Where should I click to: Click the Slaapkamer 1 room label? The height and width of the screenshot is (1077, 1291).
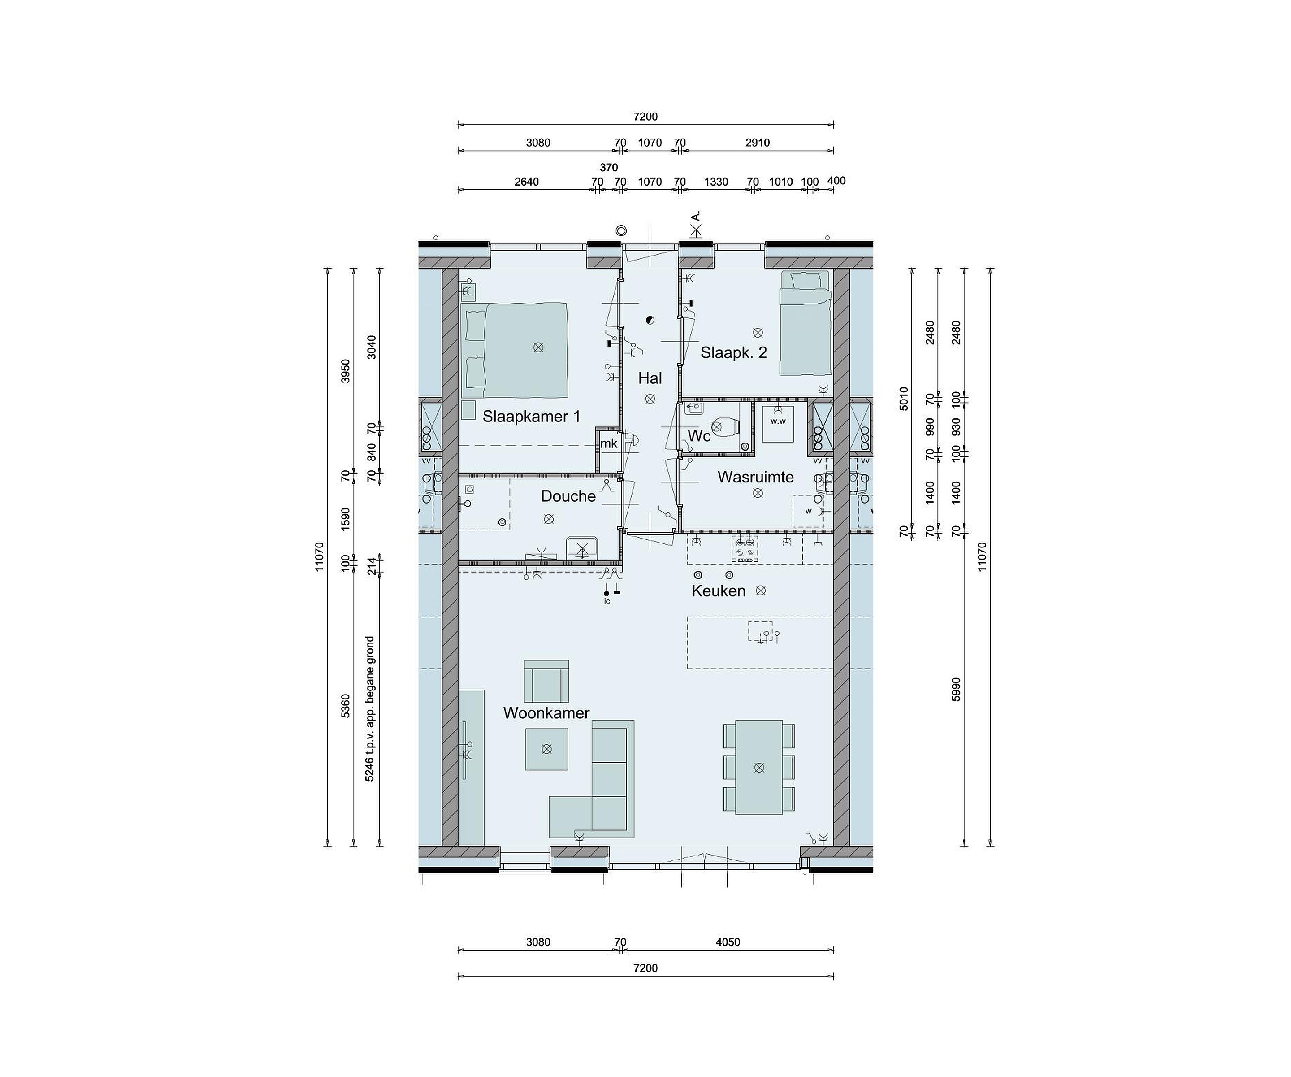(x=531, y=417)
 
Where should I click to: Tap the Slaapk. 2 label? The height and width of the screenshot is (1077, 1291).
(x=734, y=352)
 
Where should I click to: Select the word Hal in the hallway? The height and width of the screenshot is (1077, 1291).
(x=650, y=378)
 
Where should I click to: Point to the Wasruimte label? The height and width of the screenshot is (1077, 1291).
(x=755, y=477)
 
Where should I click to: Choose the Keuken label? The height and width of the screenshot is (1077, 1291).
(x=719, y=591)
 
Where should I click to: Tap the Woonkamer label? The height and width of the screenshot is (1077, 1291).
(x=546, y=713)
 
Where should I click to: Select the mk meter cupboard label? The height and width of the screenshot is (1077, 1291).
(x=609, y=443)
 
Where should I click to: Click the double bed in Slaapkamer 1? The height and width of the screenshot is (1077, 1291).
(x=515, y=350)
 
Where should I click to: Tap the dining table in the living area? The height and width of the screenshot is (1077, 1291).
(x=759, y=767)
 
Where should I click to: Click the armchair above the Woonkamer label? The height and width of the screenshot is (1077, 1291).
(x=546, y=681)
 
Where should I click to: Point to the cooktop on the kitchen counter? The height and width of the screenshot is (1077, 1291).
(x=745, y=549)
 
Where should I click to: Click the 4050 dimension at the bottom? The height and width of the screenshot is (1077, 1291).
(x=728, y=942)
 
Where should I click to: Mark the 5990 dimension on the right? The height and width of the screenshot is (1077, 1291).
(x=956, y=690)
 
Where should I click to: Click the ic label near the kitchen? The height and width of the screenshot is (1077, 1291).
(x=607, y=601)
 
